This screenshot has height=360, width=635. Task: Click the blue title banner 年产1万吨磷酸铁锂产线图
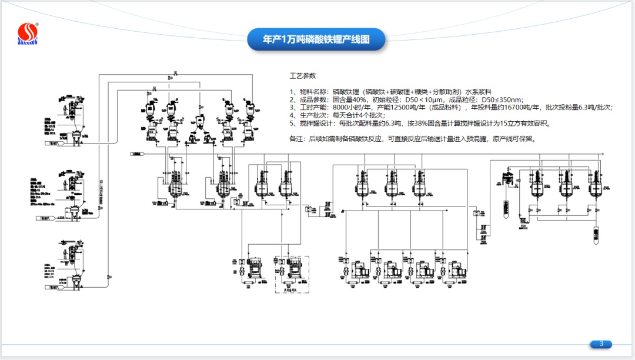316,39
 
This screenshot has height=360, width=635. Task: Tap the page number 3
601,344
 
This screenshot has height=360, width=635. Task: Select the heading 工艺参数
303,76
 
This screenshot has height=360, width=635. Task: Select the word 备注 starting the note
298,139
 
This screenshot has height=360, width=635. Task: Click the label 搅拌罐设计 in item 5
315,124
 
